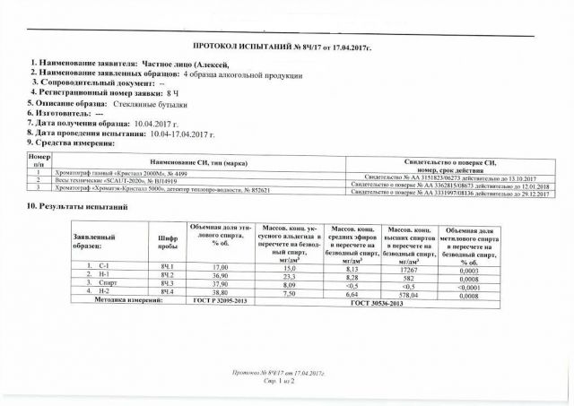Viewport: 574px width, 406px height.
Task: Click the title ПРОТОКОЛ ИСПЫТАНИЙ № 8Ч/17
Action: tap(286, 44)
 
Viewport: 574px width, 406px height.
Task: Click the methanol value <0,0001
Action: tap(476, 284)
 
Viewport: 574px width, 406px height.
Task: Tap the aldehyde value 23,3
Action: tap(290, 276)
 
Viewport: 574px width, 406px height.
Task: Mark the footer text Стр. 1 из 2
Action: tap(285, 381)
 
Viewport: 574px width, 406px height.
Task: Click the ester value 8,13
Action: tap(352, 268)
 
